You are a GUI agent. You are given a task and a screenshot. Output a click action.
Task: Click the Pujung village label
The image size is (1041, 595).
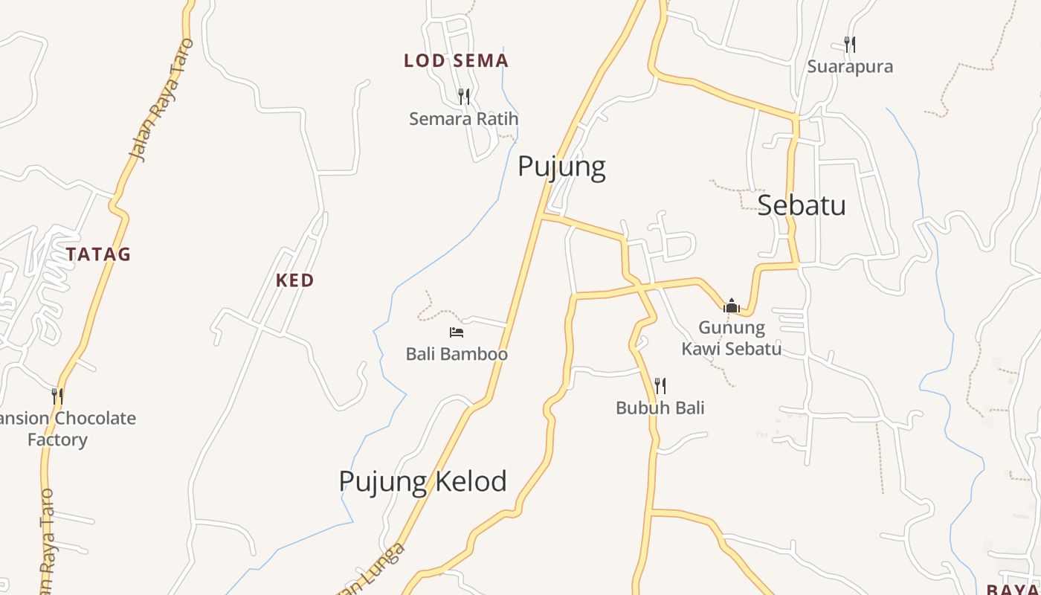pyautogui.click(x=561, y=167)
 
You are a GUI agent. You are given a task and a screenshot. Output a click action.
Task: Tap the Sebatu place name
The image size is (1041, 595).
pyautogui.click(x=802, y=205)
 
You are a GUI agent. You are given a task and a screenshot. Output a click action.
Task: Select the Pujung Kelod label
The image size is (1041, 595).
pyautogui.click(x=422, y=481)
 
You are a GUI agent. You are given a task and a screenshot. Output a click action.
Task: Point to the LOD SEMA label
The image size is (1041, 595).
pyautogui.click(x=456, y=61)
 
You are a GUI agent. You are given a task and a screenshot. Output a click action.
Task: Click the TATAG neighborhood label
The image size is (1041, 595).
pyautogui.click(x=98, y=254)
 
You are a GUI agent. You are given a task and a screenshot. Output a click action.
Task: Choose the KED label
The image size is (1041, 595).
pyautogui.click(x=294, y=280)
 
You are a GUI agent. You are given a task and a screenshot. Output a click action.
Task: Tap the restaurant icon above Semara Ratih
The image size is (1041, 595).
pyautogui.click(x=464, y=96)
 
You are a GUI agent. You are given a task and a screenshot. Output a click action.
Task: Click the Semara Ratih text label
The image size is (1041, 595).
pyautogui.click(x=463, y=119)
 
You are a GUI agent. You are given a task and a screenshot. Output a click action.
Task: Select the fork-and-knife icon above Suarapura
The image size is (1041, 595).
pyautogui.click(x=850, y=45)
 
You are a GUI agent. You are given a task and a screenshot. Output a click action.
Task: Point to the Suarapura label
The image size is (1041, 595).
pyautogui.click(x=850, y=67)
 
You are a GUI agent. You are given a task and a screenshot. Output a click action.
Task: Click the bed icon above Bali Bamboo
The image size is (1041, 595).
pyautogui.click(x=457, y=332)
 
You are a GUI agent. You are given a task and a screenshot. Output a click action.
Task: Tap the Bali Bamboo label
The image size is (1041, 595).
pyautogui.click(x=457, y=354)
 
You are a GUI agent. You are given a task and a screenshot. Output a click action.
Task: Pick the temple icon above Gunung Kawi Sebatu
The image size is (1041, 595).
pyautogui.click(x=732, y=305)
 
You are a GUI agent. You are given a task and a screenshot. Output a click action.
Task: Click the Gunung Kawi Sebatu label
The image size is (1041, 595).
pyautogui.click(x=732, y=338)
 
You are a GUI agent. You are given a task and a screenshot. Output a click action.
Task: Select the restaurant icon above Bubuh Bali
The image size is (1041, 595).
pyautogui.click(x=660, y=385)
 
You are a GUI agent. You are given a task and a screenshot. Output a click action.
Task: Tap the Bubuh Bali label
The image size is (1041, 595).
pyautogui.click(x=660, y=408)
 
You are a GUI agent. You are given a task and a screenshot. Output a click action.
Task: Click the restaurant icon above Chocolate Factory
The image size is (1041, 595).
pyautogui.click(x=57, y=396)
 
